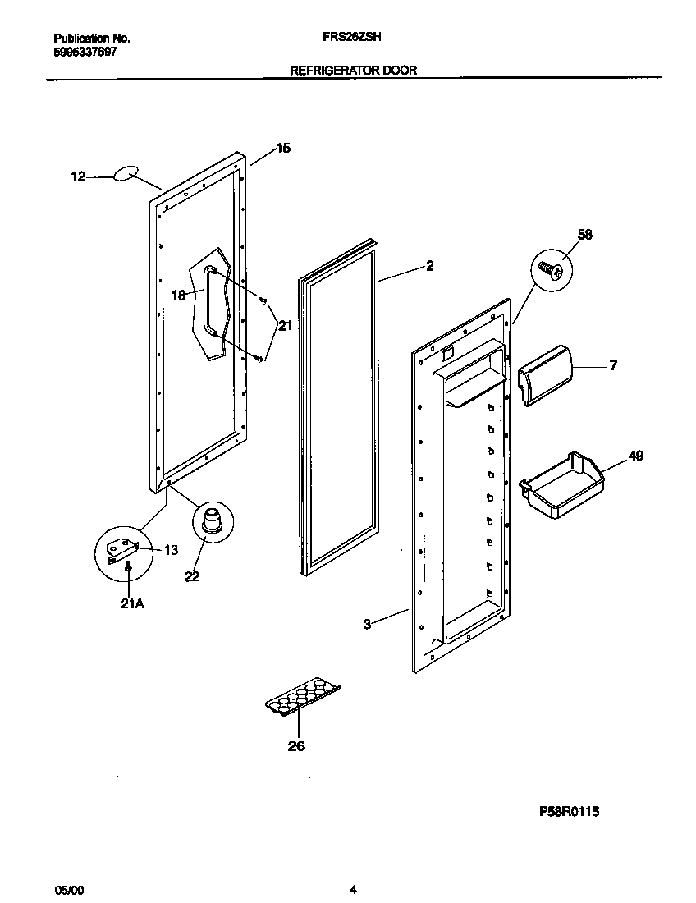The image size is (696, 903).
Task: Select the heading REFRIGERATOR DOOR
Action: pyautogui.click(x=354, y=71)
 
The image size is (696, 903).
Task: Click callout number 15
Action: pyautogui.click(x=282, y=149)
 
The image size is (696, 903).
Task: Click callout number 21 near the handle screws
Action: pyautogui.click(x=285, y=326)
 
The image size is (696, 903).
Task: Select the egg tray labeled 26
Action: pyautogui.click(x=303, y=697)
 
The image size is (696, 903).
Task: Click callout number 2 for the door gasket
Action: pyautogui.click(x=430, y=266)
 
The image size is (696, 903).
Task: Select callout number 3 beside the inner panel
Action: pyautogui.click(x=367, y=625)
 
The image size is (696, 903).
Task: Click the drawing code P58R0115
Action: pyautogui.click(x=570, y=812)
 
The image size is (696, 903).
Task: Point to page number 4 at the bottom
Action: pyautogui.click(x=353, y=889)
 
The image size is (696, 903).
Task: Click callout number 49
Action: pyautogui.click(x=636, y=456)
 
